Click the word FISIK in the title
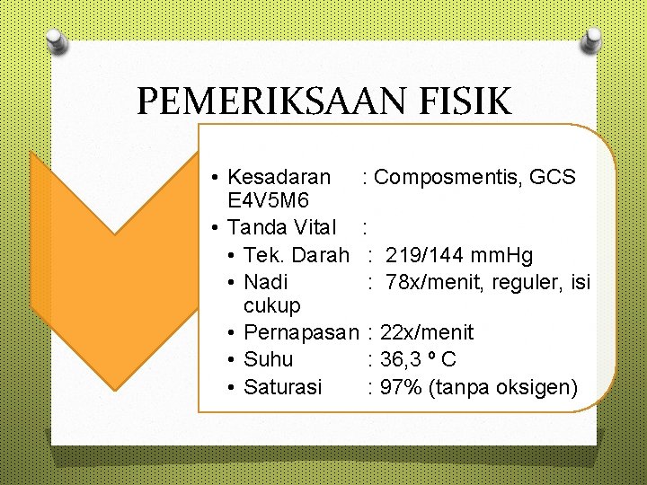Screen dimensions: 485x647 (468, 101)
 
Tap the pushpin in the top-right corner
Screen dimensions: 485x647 (590, 40)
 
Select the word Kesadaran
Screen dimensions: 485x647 (279, 177)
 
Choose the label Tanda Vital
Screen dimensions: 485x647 (282, 227)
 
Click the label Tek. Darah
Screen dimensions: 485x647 (297, 255)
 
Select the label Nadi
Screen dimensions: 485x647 (266, 282)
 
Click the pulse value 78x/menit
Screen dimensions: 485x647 (431, 282)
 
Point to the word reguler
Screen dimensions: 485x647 (519, 282)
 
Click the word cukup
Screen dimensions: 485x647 (272, 306)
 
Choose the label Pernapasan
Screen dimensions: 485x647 (301, 333)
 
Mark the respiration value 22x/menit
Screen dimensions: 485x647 (427, 333)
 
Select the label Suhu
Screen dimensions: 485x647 (269, 360)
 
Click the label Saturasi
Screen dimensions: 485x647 (283, 388)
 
